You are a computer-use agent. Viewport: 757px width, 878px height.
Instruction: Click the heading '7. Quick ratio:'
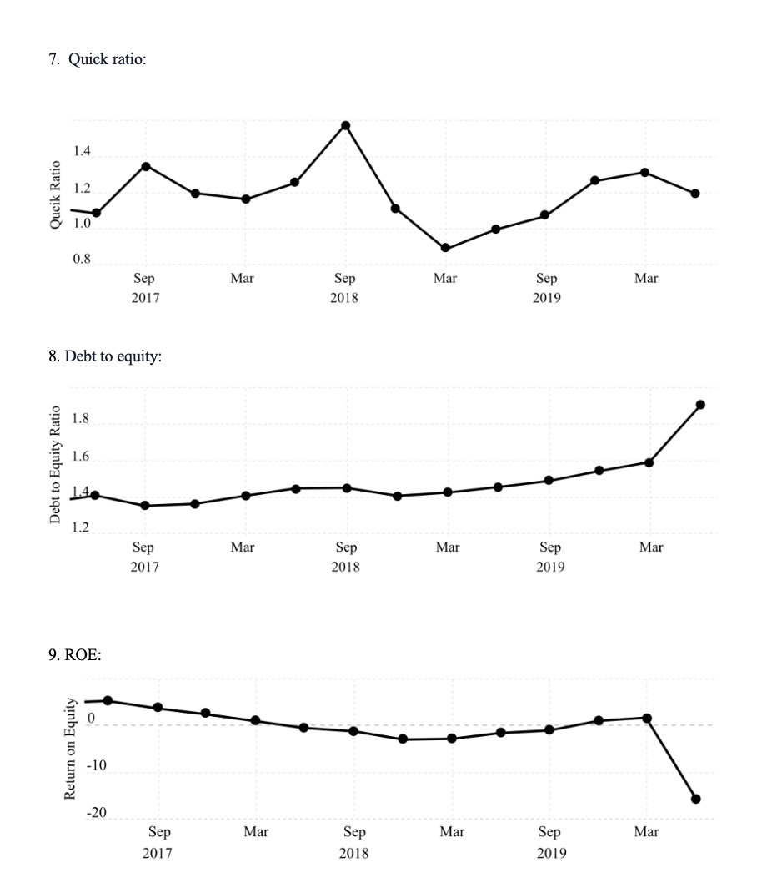click(98, 60)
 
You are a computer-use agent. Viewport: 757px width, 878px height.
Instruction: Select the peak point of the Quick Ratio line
click(345, 125)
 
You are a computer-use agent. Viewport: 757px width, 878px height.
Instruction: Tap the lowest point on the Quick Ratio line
click(445, 248)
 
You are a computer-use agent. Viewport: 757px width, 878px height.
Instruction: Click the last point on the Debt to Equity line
click(700, 405)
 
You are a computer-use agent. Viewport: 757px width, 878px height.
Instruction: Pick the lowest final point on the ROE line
click(696, 799)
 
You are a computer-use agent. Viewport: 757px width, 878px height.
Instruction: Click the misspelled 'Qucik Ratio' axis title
click(55, 194)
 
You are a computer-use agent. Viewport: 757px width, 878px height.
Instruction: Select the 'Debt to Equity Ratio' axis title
click(55, 465)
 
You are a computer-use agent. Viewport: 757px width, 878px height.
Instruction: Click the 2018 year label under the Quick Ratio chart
click(344, 297)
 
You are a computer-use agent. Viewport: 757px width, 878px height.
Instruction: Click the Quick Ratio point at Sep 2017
click(146, 166)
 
